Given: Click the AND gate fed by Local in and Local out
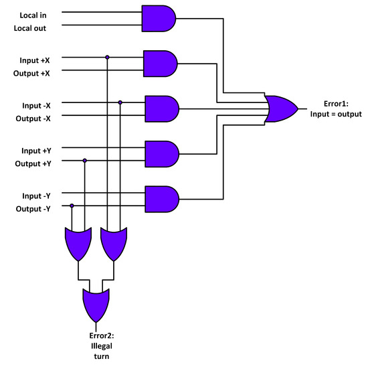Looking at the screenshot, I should point(159,19).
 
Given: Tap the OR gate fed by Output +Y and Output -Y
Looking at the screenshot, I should point(78,242).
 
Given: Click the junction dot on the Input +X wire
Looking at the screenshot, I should point(107,57).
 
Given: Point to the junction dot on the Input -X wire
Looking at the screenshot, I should point(120,102).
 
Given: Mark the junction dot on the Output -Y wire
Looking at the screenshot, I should point(72,206).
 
